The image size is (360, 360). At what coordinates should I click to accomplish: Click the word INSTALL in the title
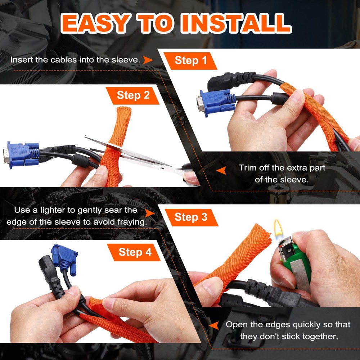(235, 24)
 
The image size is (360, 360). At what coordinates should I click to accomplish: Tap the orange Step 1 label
(191, 60)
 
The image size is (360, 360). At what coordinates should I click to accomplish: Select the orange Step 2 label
(133, 95)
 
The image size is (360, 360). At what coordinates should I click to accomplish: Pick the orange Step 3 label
(191, 217)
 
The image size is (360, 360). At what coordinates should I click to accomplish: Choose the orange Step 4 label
(135, 252)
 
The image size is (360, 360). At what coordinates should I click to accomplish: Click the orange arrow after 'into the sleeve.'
(148, 60)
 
